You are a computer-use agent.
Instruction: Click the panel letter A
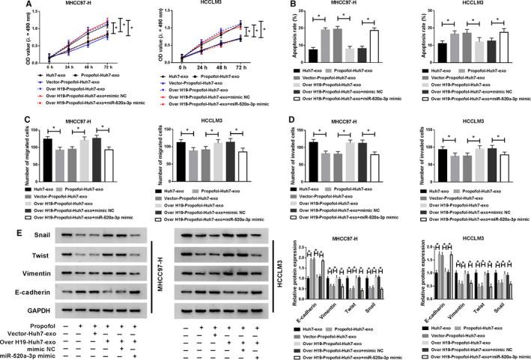click(6, 6)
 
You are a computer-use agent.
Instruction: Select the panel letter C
click(6, 114)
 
